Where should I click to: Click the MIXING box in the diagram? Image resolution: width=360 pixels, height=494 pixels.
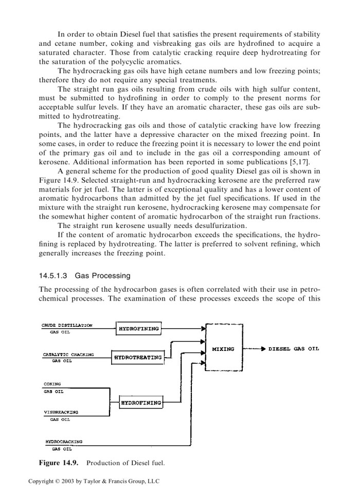[223, 349]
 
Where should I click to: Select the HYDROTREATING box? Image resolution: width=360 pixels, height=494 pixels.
[138, 357]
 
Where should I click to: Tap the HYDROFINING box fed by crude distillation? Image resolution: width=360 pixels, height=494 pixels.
[139, 328]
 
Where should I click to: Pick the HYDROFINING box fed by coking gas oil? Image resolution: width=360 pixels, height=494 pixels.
[140, 402]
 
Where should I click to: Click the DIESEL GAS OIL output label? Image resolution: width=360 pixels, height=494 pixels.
[294, 349]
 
